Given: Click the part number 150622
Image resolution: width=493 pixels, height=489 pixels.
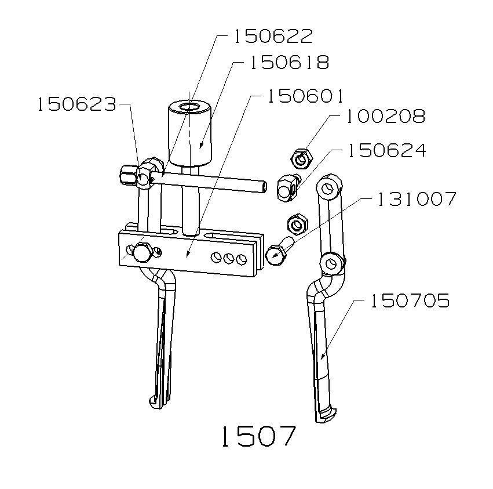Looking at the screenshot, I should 273,37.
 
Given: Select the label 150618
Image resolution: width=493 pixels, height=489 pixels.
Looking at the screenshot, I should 289,63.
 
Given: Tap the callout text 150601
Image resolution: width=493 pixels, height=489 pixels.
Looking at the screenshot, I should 305,96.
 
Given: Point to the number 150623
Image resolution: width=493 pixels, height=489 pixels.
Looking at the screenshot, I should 76,105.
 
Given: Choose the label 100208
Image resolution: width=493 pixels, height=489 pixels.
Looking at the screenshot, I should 385,117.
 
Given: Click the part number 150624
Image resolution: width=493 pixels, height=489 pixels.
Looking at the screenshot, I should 386,151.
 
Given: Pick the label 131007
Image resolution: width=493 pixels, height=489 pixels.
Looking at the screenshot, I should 417,200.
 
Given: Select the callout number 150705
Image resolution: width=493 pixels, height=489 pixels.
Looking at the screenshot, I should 410,301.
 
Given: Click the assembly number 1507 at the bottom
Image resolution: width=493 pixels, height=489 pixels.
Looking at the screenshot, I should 258,436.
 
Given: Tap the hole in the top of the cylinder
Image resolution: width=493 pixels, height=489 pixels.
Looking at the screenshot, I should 189,107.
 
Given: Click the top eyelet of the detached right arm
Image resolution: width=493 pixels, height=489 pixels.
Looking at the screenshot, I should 328,188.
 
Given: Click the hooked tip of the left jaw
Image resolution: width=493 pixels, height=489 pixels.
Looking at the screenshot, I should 155,401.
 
